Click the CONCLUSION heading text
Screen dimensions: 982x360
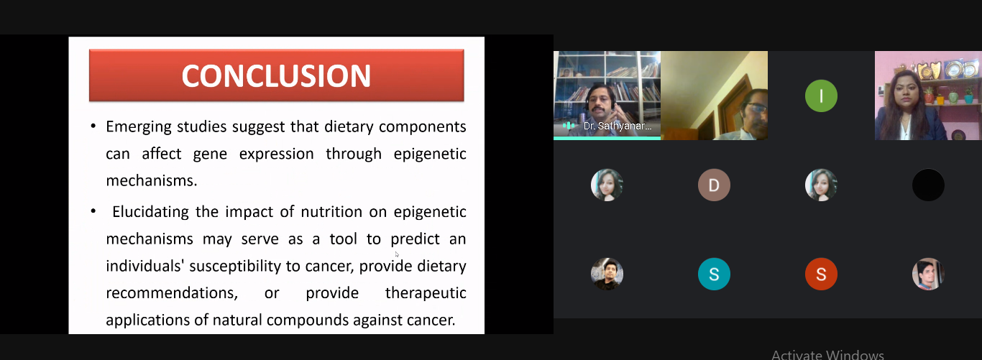[276, 75]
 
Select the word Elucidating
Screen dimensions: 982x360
[150, 212]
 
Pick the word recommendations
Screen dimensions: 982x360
[172, 293]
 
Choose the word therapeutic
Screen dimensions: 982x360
[426, 293]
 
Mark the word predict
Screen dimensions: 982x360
[415, 239]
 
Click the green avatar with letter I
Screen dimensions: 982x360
[821, 96]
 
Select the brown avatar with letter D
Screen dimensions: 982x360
[714, 185]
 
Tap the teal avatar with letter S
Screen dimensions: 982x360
[714, 274]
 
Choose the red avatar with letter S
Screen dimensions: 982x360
[821, 274]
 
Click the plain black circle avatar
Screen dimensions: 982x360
[928, 185]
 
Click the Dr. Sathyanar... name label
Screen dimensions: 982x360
[618, 126]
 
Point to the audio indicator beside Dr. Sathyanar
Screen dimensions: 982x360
[569, 126]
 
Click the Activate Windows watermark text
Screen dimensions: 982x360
[827, 354]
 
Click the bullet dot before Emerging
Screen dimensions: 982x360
[93, 127]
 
